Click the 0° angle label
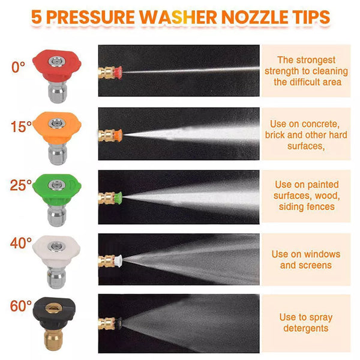click(x=18, y=67)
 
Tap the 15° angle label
click(x=21, y=127)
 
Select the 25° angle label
click(x=20, y=185)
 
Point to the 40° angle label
click(x=20, y=243)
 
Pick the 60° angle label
click(x=20, y=306)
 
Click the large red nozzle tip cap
click(x=57, y=65)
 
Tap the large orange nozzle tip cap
click(x=57, y=127)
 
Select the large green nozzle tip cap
click(x=57, y=189)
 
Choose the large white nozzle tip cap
click(x=56, y=251)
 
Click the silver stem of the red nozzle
click(x=57, y=92)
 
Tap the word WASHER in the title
click(x=178, y=17)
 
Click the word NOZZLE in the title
click(x=254, y=17)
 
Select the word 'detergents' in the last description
click(x=306, y=328)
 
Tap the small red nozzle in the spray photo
click(x=118, y=73)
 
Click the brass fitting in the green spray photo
click(x=107, y=199)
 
